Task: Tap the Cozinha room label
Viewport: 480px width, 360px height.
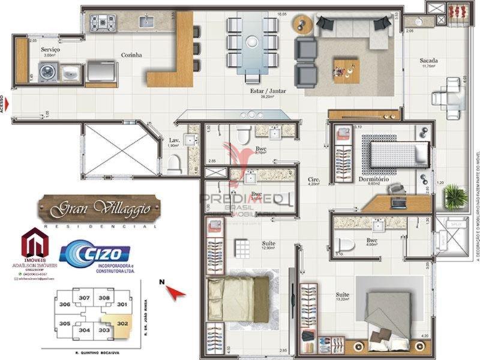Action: [x=131, y=55]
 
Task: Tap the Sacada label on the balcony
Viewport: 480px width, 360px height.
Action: [x=428, y=61]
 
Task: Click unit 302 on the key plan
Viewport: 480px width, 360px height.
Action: [x=122, y=322]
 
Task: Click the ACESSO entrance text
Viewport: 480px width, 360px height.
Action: [x=3, y=105]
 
